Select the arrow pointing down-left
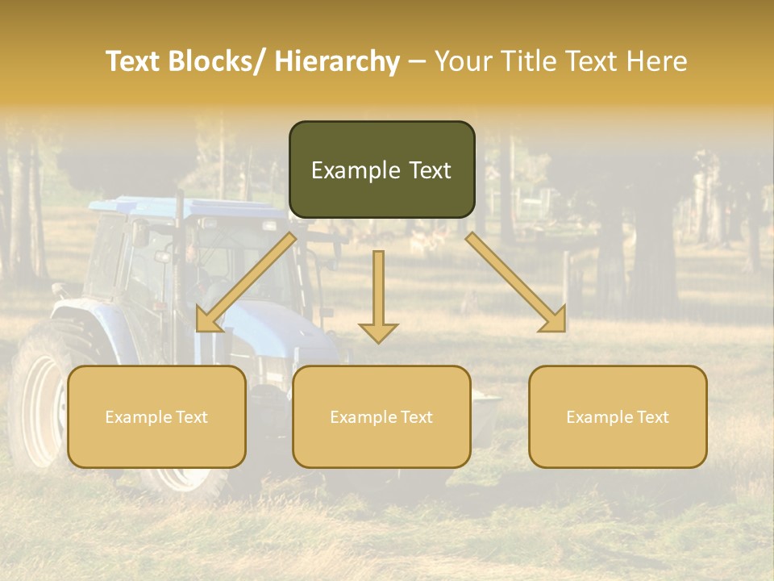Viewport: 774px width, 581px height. pos(245,283)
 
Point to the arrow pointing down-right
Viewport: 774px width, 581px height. pos(516,283)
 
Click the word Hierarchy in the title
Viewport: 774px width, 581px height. pos(336,61)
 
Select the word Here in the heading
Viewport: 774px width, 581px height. pos(657,61)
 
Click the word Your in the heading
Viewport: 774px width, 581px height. pos(463,61)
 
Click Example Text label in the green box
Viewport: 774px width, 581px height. pos(381,170)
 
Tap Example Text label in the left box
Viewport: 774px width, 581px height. pos(156,417)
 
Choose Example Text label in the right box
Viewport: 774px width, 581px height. pos(618,417)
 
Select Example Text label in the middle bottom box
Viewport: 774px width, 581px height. pos(381,417)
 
